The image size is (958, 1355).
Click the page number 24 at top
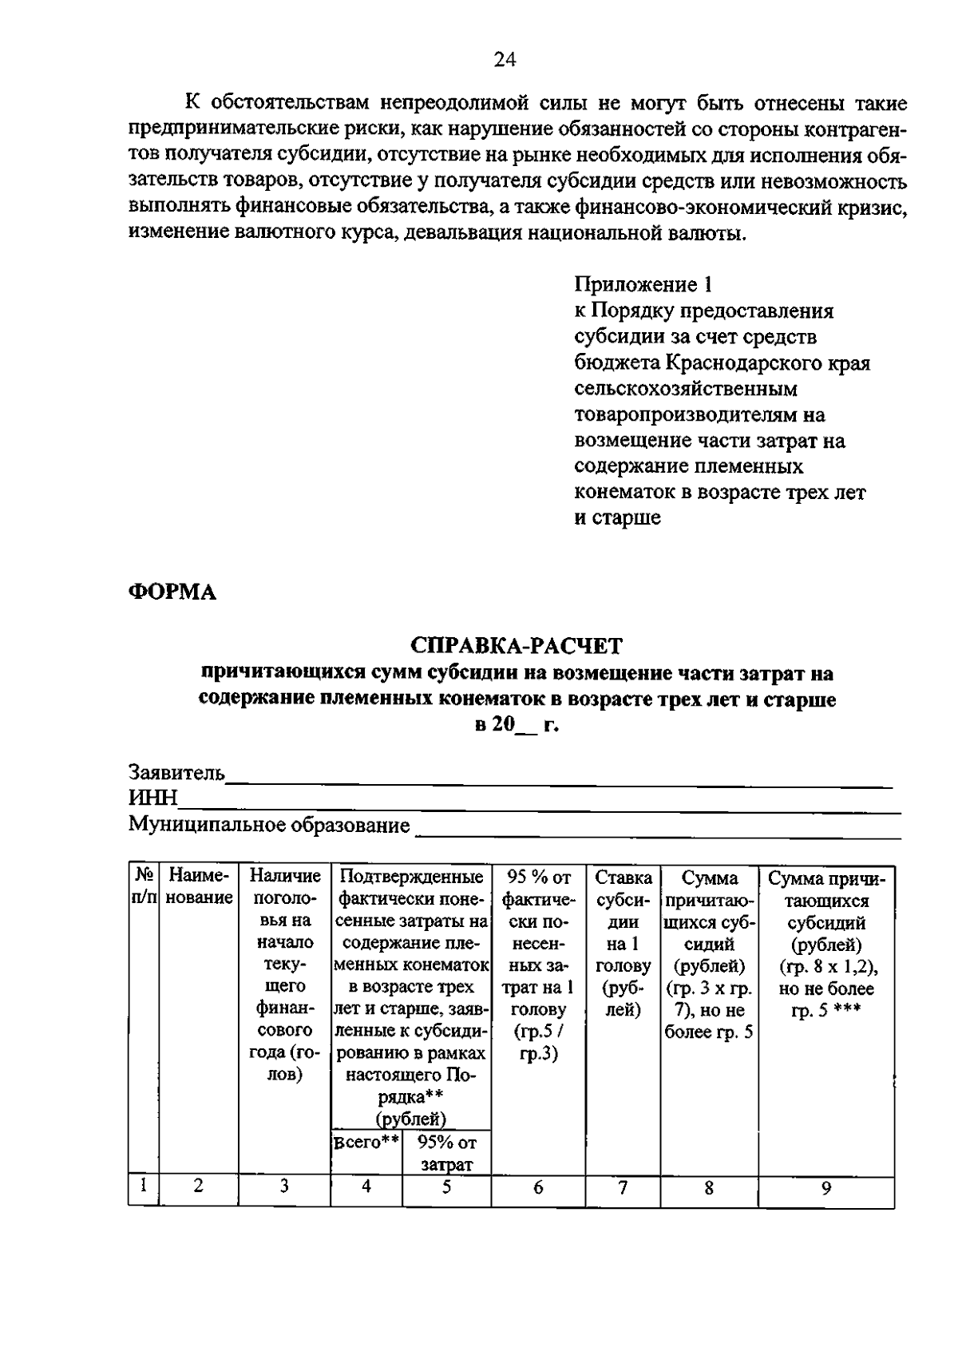pyautogui.click(x=505, y=59)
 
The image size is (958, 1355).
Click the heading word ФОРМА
pyautogui.click(x=172, y=592)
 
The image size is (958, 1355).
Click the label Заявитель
pyautogui.click(x=177, y=773)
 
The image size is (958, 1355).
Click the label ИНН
pyautogui.click(x=153, y=798)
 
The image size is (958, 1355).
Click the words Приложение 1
pyautogui.click(x=642, y=284)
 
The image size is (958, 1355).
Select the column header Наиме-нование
pyautogui.click(x=199, y=887)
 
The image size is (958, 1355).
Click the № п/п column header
pyautogui.click(x=144, y=887)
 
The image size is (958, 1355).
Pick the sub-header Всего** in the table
pyautogui.click(x=366, y=1142)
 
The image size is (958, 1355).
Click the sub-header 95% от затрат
pyautogui.click(x=446, y=1153)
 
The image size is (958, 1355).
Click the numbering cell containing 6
pyautogui.click(x=538, y=1187)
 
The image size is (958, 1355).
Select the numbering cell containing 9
pyautogui.click(x=826, y=1188)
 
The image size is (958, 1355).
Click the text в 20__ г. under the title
pyautogui.click(x=517, y=726)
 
